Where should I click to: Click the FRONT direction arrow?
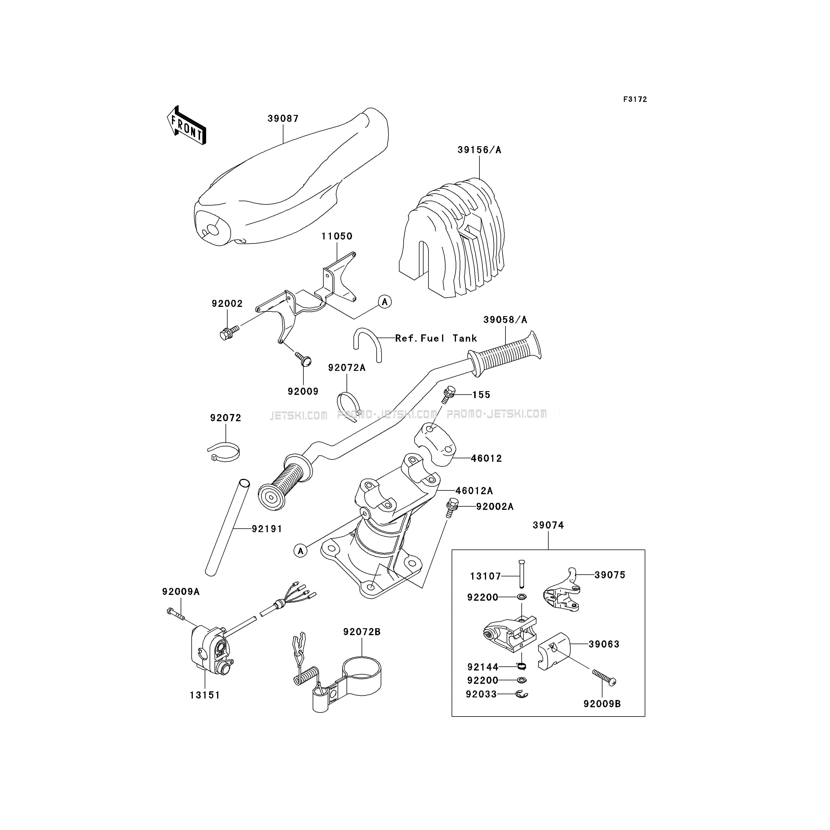tap(186, 125)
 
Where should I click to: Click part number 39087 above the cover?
tap(283, 119)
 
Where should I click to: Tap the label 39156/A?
tap(479, 150)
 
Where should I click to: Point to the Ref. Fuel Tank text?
tap(436, 338)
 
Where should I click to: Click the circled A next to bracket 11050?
tap(384, 302)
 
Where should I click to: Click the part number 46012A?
tap(474, 491)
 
